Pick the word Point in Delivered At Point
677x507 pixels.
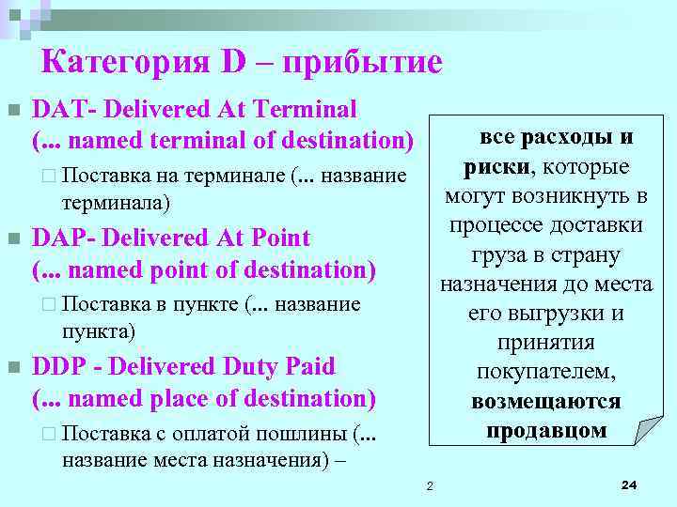tap(281, 238)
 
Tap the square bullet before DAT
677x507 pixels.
tap(13, 111)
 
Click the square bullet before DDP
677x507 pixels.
tap(13, 367)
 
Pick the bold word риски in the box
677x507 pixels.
tap(496, 167)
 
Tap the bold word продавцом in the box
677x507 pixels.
tap(546, 430)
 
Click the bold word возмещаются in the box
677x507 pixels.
tap(546, 401)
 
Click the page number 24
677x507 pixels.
tap(629, 484)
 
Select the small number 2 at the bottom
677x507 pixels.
tap(429, 485)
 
